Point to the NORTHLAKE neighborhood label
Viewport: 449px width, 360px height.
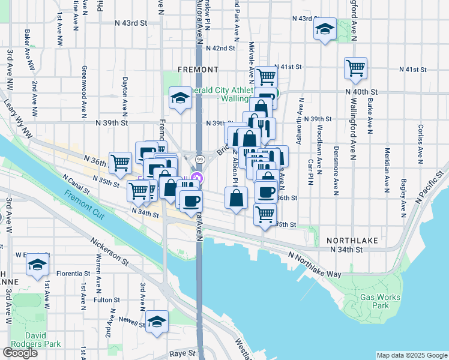click(x=352, y=240)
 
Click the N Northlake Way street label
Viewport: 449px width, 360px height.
click(x=315, y=265)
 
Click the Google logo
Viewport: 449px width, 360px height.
click(x=20, y=353)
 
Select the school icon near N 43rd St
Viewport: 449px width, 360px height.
click(x=325, y=29)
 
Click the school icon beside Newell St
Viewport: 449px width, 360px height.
click(x=157, y=321)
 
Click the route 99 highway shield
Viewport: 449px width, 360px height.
click(x=198, y=159)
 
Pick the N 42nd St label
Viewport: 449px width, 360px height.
click(x=219, y=48)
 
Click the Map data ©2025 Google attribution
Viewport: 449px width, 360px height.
click(x=411, y=355)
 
